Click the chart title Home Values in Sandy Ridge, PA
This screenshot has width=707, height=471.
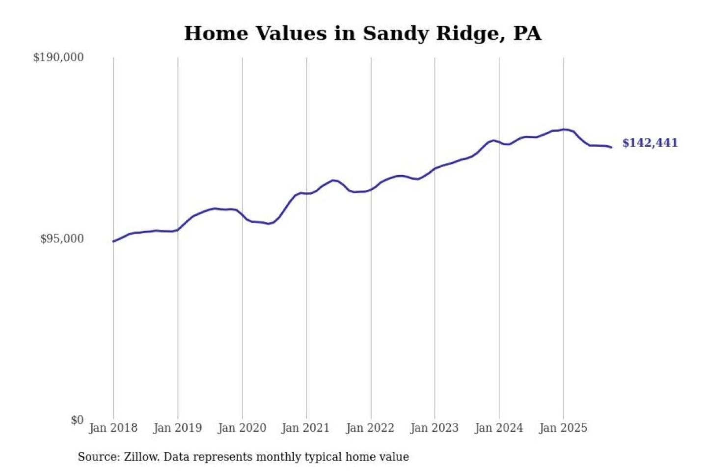coord(362,33)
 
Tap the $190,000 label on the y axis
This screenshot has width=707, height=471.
coord(58,57)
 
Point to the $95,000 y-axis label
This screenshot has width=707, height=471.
coord(62,239)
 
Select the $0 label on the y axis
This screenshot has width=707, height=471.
coord(77,420)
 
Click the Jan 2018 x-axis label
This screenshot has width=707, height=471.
coord(113,428)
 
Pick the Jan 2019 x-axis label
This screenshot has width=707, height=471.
coord(177,428)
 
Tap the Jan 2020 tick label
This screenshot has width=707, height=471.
coord(242,428)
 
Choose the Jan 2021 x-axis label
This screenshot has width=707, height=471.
coord(305,428)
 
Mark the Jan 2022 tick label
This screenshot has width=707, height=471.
coord(370,428)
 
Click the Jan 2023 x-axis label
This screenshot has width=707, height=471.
coord(434,428)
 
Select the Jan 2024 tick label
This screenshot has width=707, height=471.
coord(498,428)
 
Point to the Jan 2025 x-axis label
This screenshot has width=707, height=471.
coord(563,428)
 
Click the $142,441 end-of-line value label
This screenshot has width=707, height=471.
coord(650,143)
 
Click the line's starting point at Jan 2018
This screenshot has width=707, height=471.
coord(113,241)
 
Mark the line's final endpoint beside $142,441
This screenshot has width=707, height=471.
coord(611,147)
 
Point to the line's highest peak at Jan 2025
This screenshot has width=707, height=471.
coord(564,130)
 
